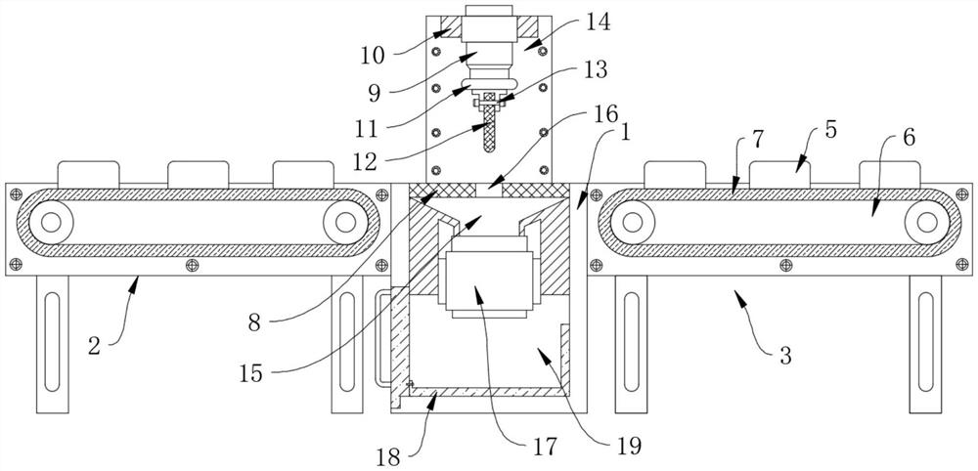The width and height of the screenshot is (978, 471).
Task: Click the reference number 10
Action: tap(373, 56)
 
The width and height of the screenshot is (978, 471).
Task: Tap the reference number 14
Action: tap(598, 23)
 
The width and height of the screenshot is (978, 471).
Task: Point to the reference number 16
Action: tap(605, 114)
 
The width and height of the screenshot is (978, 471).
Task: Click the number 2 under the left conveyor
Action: tap(94, 347)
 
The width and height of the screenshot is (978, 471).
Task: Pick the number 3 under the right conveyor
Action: tap(785, 356)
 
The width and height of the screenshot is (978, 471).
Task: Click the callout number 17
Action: tap(543, 446)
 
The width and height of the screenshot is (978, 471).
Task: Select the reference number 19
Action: tap(628, 446)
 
